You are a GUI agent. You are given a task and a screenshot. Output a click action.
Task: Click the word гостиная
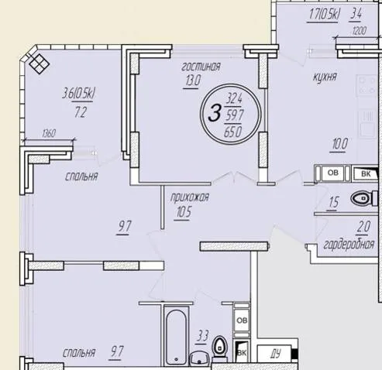201,67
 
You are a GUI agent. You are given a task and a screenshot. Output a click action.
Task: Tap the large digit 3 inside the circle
215,113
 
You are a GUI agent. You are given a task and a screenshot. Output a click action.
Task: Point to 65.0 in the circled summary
233,132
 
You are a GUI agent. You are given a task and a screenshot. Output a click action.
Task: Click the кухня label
325,77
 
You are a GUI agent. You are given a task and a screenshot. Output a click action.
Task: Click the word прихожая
190,197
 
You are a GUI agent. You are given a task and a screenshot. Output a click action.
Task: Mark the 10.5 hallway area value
184,212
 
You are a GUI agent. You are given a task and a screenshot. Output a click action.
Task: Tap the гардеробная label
349,245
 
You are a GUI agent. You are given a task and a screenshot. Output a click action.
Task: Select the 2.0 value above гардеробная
364,227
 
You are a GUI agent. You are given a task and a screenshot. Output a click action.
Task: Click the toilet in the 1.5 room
363,198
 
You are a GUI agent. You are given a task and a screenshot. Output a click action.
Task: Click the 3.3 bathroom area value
202,336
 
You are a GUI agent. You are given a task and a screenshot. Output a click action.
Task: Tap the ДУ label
276,354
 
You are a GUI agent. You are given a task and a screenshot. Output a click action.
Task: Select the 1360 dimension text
49,134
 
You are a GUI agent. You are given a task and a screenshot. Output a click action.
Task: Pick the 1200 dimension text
359,31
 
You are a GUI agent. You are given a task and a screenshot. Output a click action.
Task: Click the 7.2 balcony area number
81,113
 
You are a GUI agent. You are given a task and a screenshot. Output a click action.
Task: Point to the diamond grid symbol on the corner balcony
39,63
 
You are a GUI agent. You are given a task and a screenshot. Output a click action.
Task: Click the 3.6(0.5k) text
79,94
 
